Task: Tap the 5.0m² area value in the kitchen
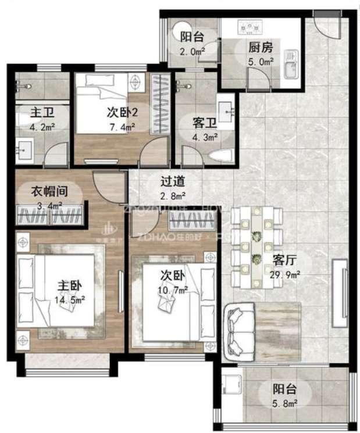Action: point(261,62)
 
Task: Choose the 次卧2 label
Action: point(122,112)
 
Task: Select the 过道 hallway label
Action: point(173,181)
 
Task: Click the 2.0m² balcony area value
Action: point(192,52)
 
